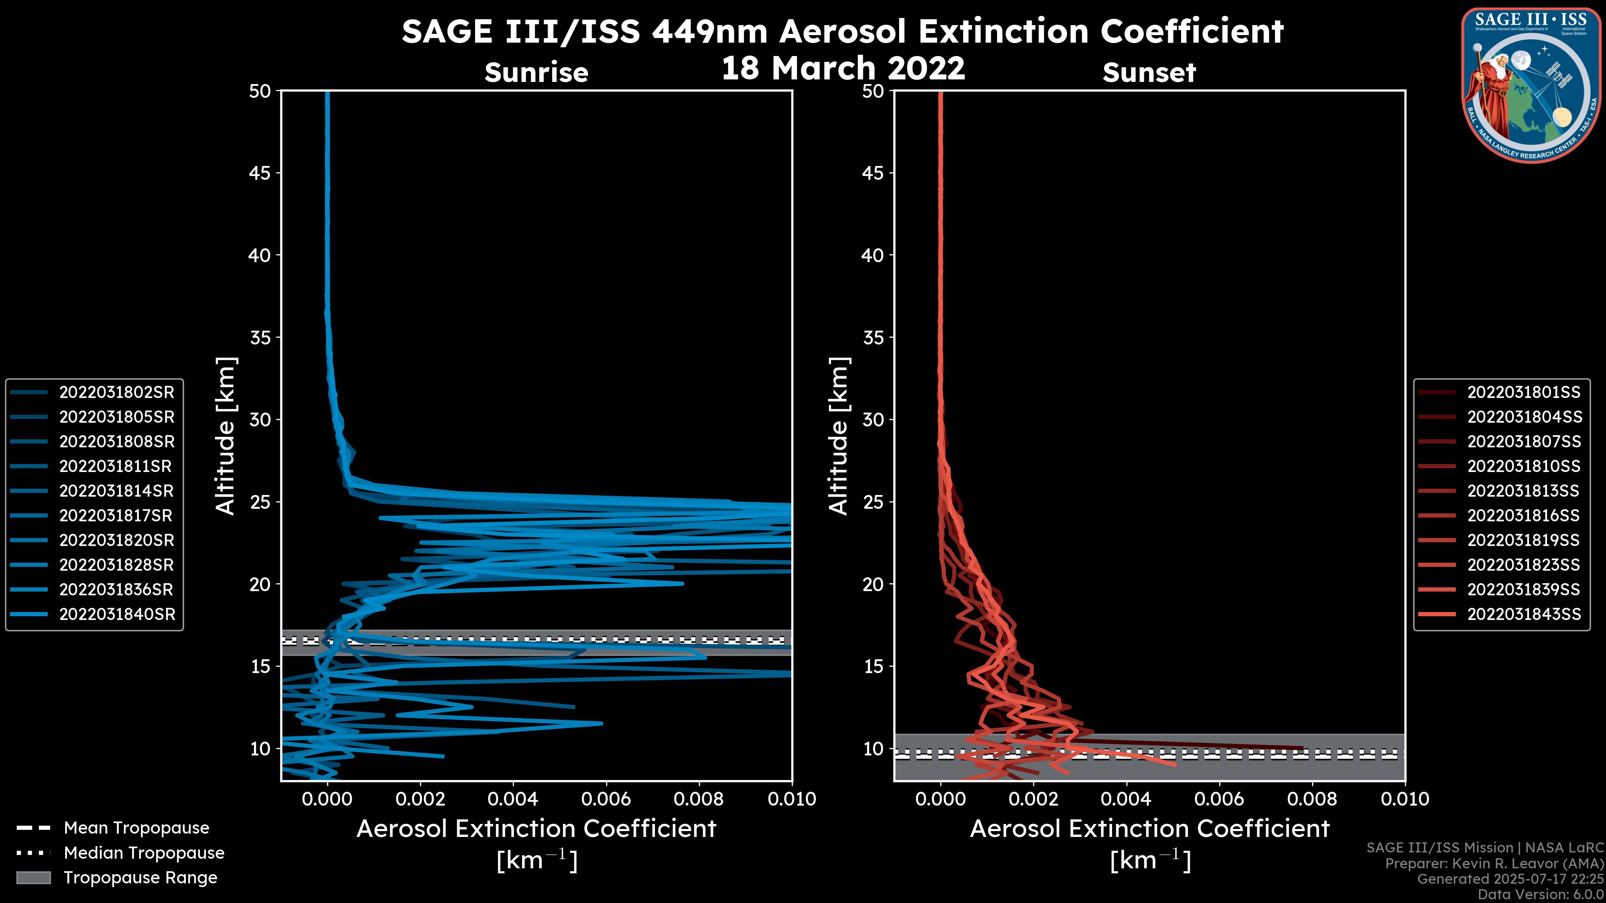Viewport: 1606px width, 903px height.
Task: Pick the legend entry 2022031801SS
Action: pos(1524,392)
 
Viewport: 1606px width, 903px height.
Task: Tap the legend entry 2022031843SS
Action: pos(1524,614)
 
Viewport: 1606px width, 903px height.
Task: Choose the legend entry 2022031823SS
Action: pos(1524,565)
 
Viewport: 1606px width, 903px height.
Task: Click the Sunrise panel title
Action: pos(536,72)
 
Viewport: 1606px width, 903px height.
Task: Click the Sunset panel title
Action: pos(1149,72)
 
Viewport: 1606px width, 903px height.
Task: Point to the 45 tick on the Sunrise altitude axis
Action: pos(261,173)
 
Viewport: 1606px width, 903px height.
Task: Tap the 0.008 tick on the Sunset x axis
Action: pos(1312,799)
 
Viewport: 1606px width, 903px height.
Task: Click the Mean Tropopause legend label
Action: pos(136,828)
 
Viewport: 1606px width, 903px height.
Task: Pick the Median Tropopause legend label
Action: pos(144,852)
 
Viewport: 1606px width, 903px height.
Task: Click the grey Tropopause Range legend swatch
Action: pos(33,877)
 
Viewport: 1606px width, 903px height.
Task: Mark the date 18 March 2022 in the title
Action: pos(843,67)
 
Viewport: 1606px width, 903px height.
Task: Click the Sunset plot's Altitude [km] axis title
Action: pos(839,436)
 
